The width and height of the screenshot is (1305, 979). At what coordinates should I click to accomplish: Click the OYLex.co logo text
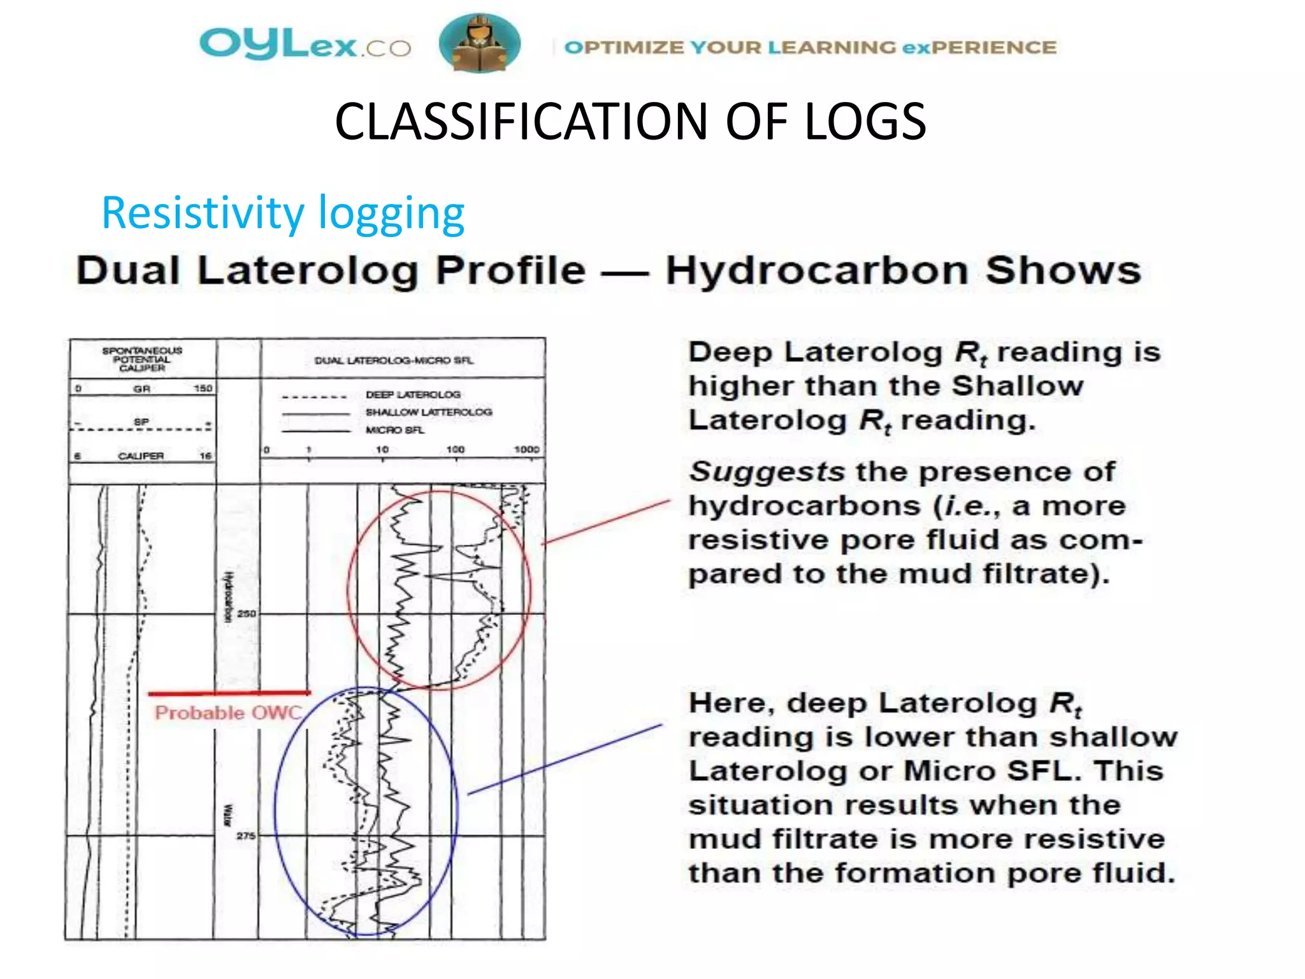305,45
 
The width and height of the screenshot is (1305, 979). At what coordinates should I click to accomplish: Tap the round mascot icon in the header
479,43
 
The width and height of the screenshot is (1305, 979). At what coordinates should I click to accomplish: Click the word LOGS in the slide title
865,122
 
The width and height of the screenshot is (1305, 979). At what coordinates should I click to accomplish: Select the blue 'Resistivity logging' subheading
283,214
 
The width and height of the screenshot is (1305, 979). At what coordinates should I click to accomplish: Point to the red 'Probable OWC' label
228,713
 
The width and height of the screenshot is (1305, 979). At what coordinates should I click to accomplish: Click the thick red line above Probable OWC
229,693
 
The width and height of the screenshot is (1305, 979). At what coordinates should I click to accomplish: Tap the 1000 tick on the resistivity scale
527,449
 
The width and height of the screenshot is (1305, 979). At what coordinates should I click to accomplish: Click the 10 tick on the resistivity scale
382,449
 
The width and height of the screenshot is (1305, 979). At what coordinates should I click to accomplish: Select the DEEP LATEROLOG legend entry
413,395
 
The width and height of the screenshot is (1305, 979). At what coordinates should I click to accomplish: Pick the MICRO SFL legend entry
394,430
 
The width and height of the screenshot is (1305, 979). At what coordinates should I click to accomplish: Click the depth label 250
246,614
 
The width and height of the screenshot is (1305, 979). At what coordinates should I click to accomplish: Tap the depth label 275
246,836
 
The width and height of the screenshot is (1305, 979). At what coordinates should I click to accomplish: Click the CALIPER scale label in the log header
141,456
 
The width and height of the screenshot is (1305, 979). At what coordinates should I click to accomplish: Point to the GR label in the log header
141,389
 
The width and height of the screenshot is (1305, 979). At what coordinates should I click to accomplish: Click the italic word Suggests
767,472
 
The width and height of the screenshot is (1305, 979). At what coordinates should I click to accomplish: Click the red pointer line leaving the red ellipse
605,522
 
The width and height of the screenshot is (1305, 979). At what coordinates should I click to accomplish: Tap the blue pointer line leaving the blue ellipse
565,759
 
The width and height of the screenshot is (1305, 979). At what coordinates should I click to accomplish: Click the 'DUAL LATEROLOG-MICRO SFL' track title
394,361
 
